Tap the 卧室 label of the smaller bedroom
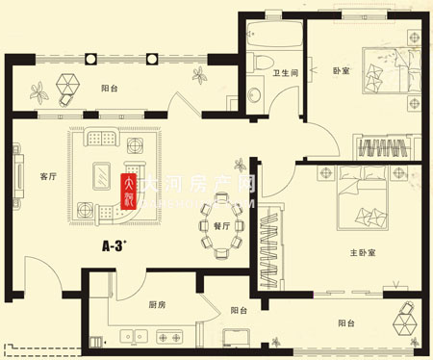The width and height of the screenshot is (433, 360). [343, 71]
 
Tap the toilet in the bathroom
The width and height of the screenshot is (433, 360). [266, 63]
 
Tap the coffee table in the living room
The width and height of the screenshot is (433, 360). [99, 176]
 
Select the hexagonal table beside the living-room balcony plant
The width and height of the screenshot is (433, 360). [67, 85]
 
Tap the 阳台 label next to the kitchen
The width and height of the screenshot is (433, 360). [239, 311]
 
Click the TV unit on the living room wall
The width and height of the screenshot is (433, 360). [19, 180]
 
